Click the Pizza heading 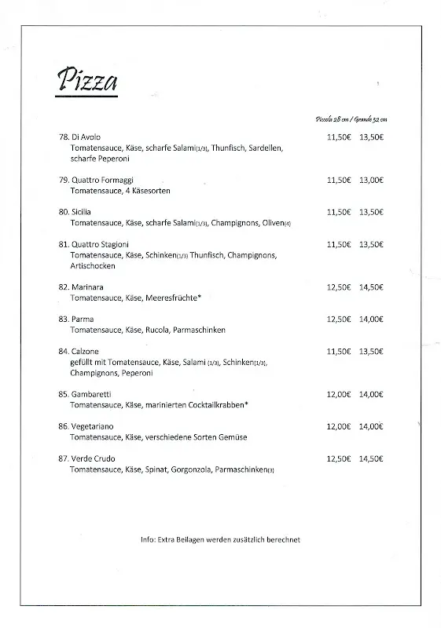click(87, 81)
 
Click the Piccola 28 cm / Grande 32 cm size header click(351, 119)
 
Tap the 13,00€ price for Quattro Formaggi click(371, 180)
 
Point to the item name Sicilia click(81, 212)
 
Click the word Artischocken click(92, 266)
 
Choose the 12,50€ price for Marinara click(339, 287)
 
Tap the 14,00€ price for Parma click(371, 319)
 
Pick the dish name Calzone click(83, 352)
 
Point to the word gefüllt click(82, 362)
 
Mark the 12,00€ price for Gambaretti click(339, 394)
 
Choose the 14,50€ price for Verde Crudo click(371, 458)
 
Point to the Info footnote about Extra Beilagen click(220, 539)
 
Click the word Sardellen click(265, 148)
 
